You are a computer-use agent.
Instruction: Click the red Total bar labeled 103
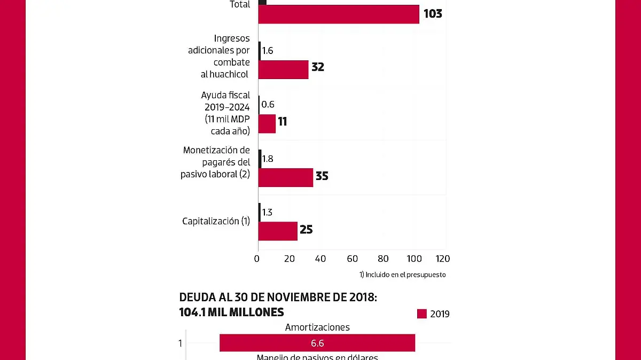339,14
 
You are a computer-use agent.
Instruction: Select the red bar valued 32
283,69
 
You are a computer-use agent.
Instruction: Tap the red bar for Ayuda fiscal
267,123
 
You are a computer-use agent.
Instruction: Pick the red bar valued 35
285,177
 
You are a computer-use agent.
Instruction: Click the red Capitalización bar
278,231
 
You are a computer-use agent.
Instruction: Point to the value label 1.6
268,51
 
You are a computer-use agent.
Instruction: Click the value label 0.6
268,105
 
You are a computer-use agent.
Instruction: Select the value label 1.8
268,159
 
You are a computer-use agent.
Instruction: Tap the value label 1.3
267,213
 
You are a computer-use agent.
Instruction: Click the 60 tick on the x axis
352,259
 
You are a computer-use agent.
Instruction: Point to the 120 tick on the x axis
443,259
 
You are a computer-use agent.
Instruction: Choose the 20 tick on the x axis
290,259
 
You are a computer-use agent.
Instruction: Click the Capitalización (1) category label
216,221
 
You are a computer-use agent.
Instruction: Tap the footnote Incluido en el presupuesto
403,275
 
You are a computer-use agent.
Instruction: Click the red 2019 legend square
422,314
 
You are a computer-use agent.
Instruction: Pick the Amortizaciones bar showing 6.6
317,343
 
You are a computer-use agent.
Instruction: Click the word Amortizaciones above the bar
317,327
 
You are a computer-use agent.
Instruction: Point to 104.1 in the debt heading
194,312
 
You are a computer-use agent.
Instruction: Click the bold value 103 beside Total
433,14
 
